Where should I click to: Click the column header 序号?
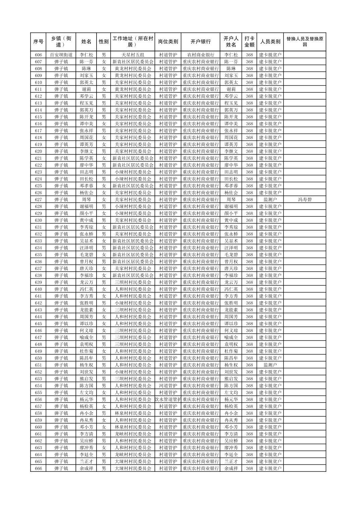38,42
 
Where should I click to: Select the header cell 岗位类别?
168,42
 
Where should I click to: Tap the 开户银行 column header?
200,42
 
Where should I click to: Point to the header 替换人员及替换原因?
304,42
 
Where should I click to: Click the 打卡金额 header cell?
249,42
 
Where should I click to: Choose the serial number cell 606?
38,55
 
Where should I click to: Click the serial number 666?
38,468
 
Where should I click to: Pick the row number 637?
38,269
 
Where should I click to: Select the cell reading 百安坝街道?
61,55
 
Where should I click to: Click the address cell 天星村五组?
133,55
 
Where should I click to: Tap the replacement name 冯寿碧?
304,200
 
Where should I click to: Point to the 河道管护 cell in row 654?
168,386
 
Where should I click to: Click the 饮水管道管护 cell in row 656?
168,399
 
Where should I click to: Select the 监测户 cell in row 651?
270,365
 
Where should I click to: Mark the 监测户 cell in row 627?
270,200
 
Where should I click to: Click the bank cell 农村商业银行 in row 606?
200,55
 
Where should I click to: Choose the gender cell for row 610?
104,82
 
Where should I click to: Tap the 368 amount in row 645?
249,324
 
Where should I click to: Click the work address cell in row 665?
133,461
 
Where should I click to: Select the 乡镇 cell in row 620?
61,151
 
